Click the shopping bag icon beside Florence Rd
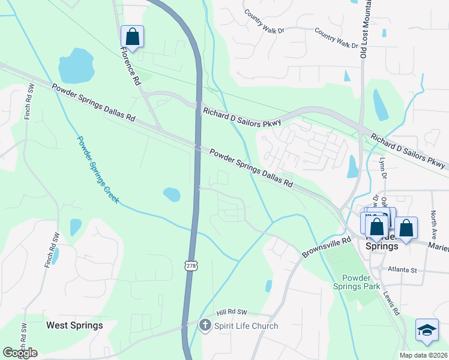pyautogui.click(x=132, y=37)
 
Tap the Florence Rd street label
pyautogui.click(x=130, y=65)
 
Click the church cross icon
pyautogui.click(x=205, y=326)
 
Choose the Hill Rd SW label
pyautogui.click(x=232, y=313)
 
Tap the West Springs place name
pyautogui.click(x=74, y=325)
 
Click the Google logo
pyautogui.click(x=20, y=353)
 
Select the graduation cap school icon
pyautogui.click(x=426, y=331)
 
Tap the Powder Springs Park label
pyautogui.click(x=361, y=282)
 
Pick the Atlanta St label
pyautogui.click(x=402, y=270)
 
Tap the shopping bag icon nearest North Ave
pyautogui.click(x=406, y=229)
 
